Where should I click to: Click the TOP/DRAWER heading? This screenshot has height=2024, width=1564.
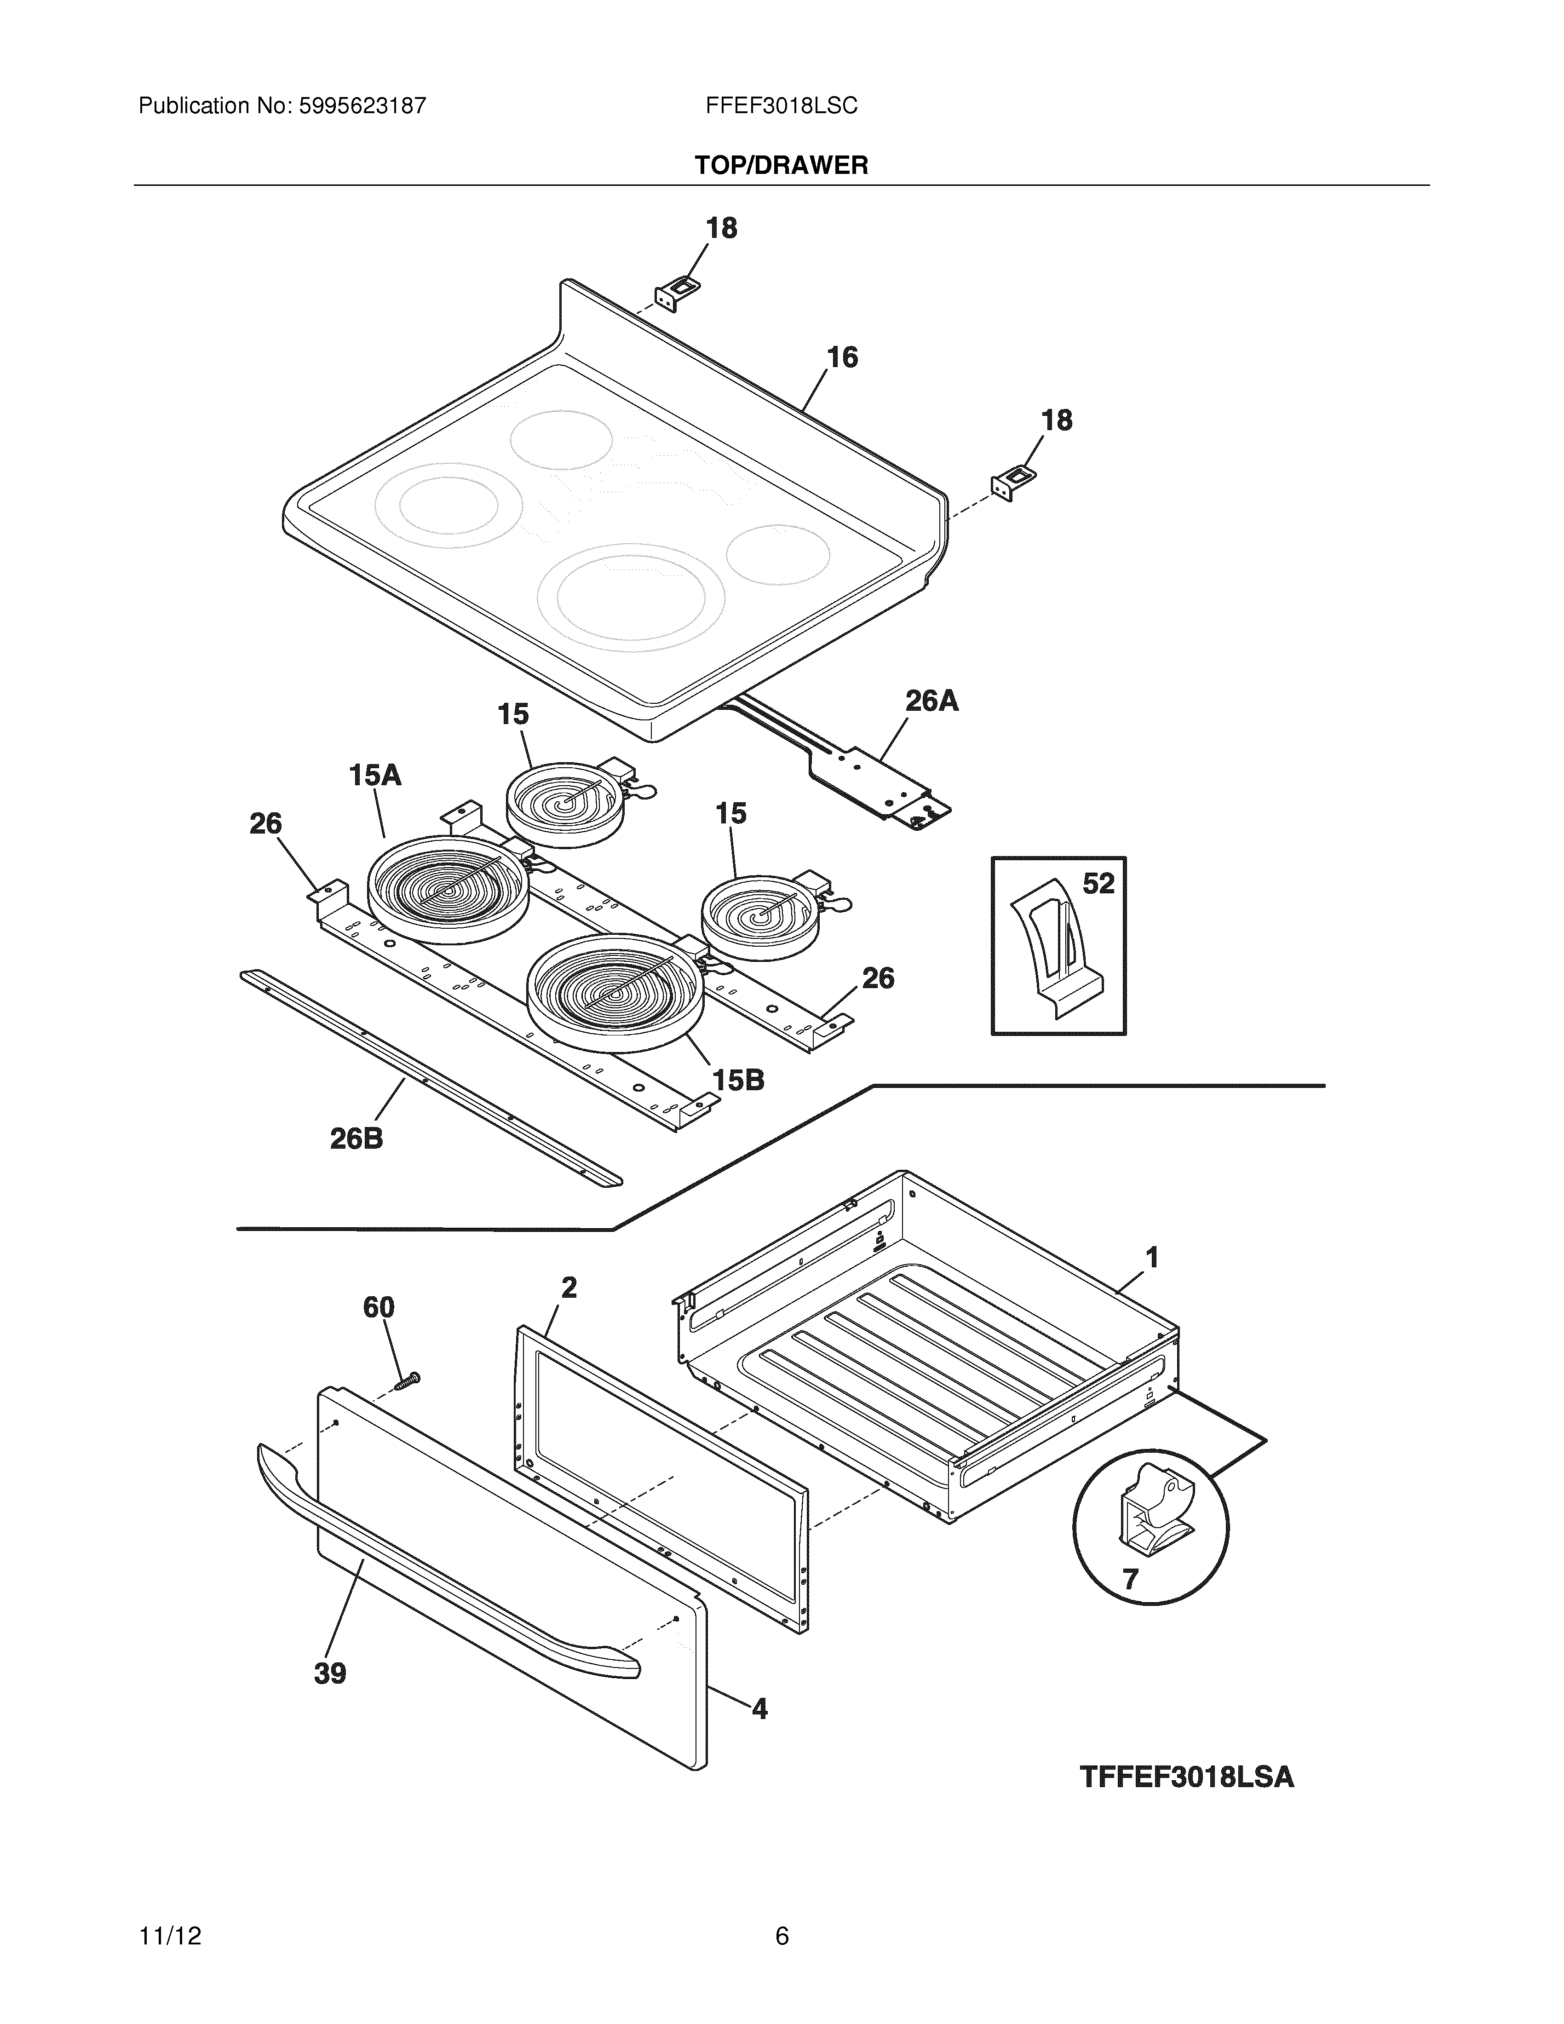781,166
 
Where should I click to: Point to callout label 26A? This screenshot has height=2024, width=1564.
931,701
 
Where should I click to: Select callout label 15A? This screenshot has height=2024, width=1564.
375,775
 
